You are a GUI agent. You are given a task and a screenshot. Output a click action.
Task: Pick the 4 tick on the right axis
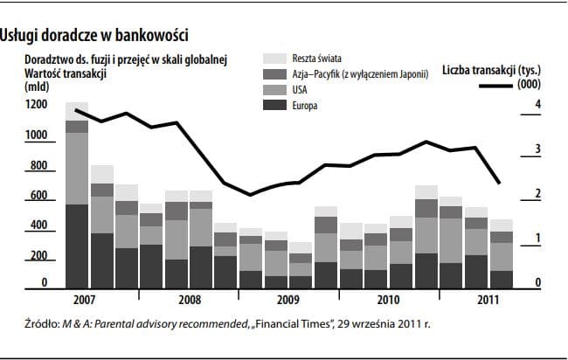pos(539,105)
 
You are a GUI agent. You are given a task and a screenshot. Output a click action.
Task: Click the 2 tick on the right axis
pos(539,194)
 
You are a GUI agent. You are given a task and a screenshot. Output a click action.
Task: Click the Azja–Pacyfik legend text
pos(360,74)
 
